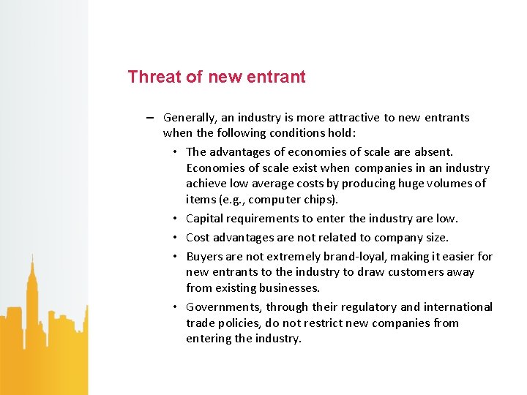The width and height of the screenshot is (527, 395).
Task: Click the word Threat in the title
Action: [x=152, y=77]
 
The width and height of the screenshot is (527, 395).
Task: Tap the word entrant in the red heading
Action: [x=277, y=77]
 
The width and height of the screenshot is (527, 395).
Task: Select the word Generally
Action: [x=190, y=118]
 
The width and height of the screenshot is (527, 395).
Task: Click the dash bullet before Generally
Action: [x=149, y=118]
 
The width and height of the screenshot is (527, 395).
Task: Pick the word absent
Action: [x=433, y=152]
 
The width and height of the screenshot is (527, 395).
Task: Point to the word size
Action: [x=435, y=238]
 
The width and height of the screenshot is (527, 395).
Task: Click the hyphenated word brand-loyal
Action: [x=344, y=257]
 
